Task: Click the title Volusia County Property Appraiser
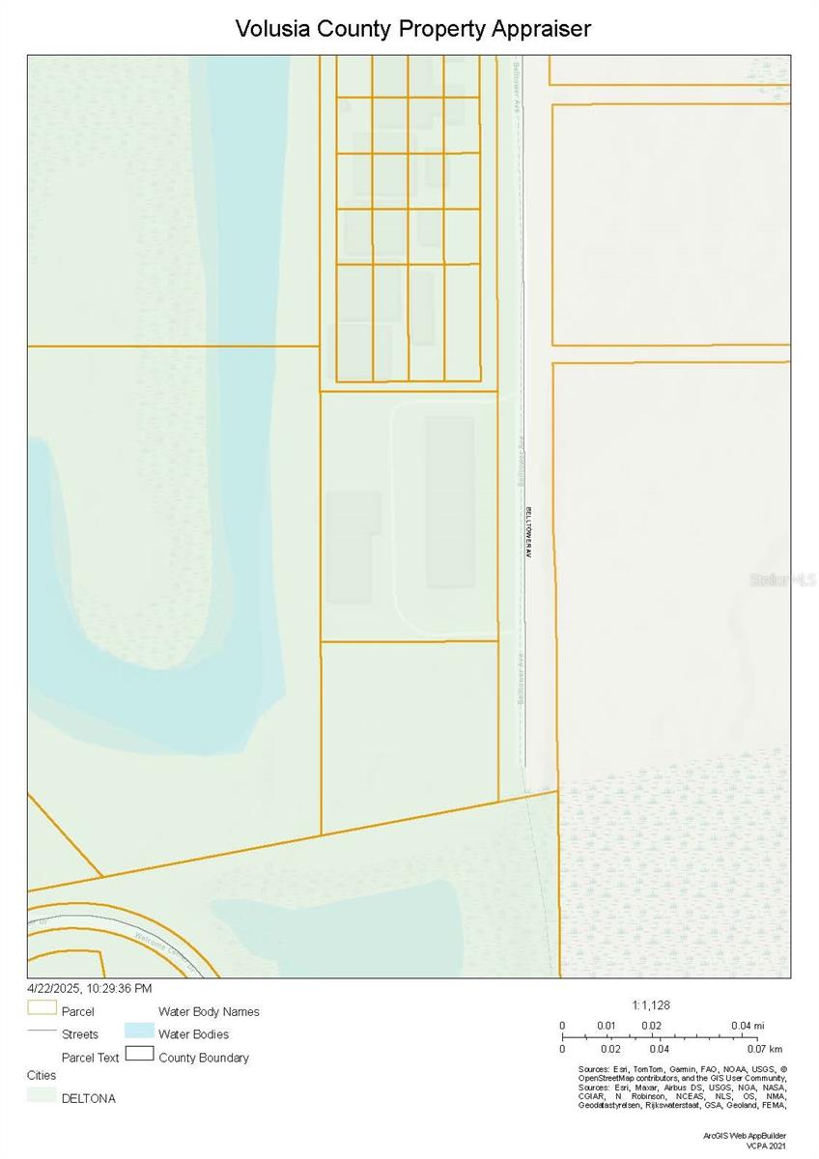pos(413,29)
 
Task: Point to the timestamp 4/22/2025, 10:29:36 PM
pos(90,988)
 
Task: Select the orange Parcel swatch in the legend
pos(42,1008)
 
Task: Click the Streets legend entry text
pos(80,1034)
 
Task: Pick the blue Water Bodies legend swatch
pos(139,1032)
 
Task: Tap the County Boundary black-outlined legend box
pos(139,1055)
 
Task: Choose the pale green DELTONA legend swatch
pos(42,1096)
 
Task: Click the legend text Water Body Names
pos(209,1011)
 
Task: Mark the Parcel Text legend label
pos(90,1058)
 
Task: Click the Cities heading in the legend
pos(42,1075)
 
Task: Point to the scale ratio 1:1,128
pos(651,1004)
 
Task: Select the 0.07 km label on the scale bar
pos(763,1048)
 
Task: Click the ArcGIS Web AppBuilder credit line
pos(745,1135)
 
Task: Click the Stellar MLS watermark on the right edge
pos(783,579)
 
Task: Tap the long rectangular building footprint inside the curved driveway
pos(450,502)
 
